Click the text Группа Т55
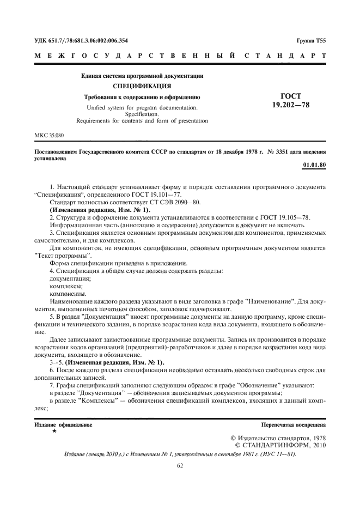tap(311, 41)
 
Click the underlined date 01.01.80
tap(313, 165)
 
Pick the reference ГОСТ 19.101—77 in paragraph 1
tap(162, 193)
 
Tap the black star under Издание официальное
tap(54, 431)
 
